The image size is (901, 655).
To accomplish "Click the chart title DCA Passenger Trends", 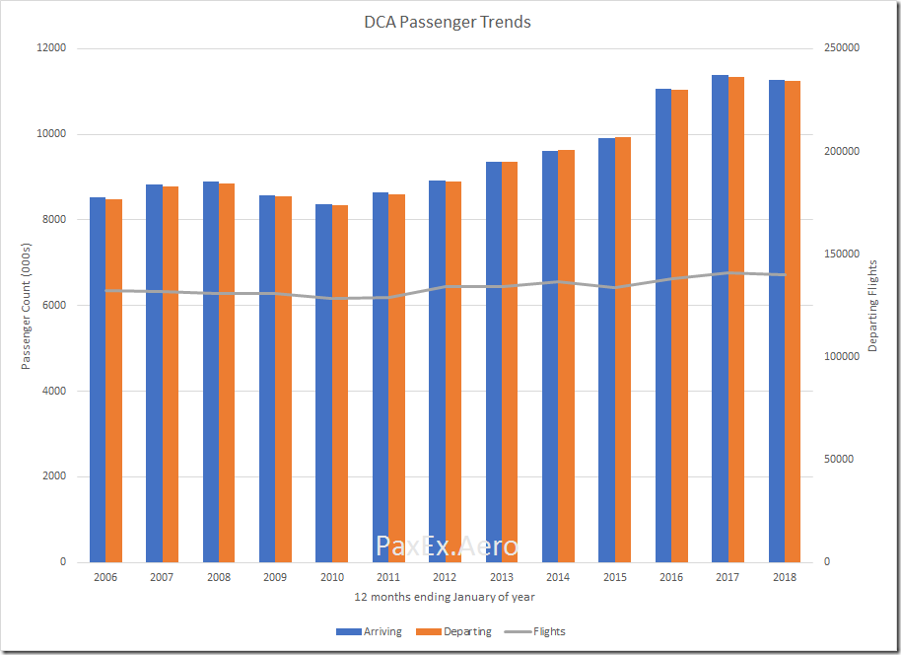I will [x=448, y=22].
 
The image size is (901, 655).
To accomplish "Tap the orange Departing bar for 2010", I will [x=340, y=384].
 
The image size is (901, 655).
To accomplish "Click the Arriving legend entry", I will [x=369, y=631].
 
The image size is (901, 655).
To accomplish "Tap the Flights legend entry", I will [x=535, y=631].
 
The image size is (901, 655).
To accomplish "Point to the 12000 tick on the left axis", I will [x=51, y=48].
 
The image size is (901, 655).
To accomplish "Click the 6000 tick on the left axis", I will [x=54, y=306].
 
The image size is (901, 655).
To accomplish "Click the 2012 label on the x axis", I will [x=445, y=577].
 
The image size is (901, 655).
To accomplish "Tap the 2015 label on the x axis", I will [x=614, y=577].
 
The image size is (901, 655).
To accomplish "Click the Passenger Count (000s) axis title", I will [x=28, y=306].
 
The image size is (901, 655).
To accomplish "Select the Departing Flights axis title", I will [x=872, y=306].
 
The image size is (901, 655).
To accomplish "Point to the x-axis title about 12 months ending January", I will [x=445, y=597].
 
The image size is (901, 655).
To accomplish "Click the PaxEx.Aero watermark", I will [x=447, y=546].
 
